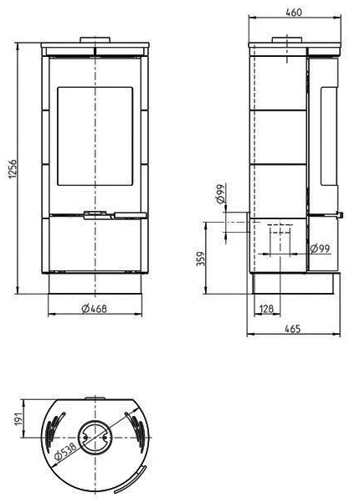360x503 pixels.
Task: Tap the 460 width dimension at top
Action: coord(293,13)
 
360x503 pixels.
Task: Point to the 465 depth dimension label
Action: coord(292,328)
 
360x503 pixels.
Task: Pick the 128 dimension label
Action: coord(267,309)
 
